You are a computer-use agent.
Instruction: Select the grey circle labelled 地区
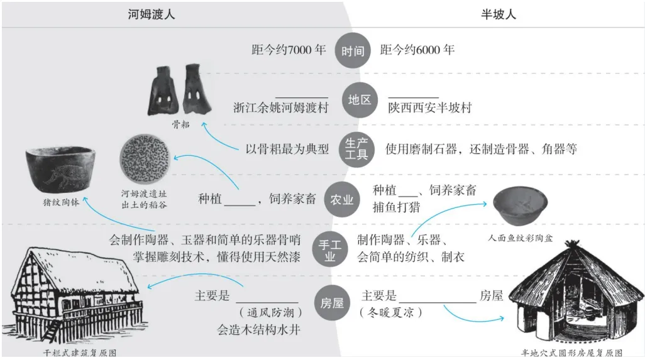coord(360,100)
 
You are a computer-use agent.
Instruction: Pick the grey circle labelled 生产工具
coord(356,148)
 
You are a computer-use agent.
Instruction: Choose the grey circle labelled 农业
coord(342,199)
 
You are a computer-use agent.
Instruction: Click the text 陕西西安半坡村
coord(429,107)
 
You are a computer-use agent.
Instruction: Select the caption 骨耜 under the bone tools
coord(181,124)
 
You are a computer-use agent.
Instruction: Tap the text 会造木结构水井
coord(256,329)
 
